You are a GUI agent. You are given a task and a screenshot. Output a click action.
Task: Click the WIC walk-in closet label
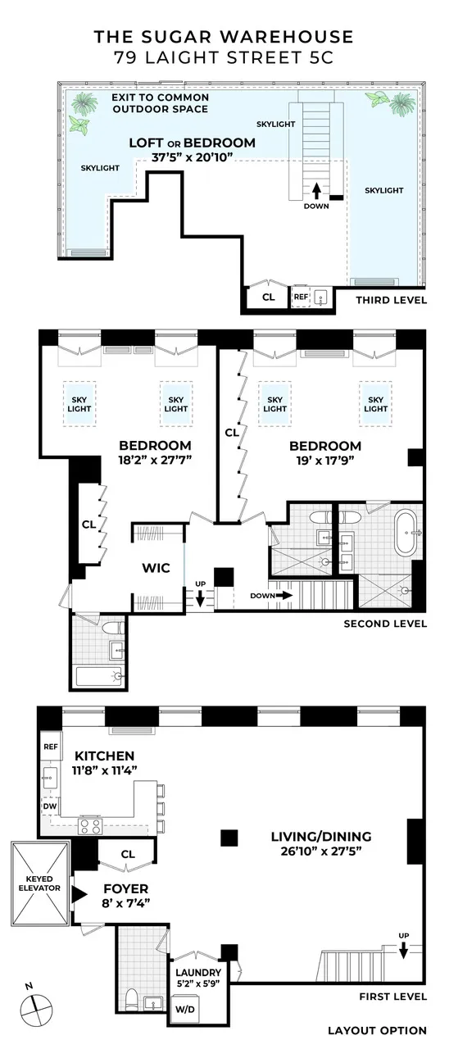click(x=156, y=567)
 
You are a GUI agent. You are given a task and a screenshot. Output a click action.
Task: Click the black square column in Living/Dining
click(x=229, y=837)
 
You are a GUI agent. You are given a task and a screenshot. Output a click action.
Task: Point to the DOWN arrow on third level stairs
click(x=316, y=191)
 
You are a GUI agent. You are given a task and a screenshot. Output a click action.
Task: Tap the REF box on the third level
click(x=301, y=297)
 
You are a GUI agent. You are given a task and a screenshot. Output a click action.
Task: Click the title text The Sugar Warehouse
click(x=224, y=37)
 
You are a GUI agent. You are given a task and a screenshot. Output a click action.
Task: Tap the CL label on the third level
click(x=268, y=297)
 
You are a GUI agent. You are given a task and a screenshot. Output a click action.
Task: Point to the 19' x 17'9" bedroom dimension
click(x=324, y=461)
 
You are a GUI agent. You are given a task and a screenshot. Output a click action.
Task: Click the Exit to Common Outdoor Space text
click(x=161, y=103)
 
